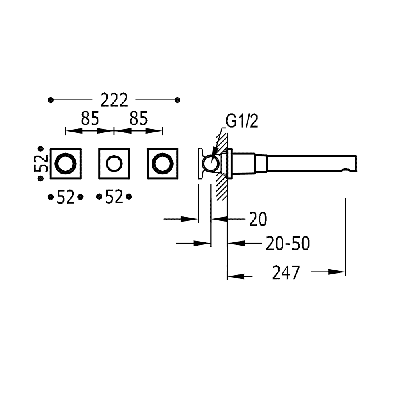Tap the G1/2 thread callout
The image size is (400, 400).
[242, 121]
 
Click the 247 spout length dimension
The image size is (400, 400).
[286, 273]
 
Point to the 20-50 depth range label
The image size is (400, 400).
[288, 243]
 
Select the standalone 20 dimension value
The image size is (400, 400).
[258, 219]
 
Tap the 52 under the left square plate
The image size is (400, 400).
[66, 197]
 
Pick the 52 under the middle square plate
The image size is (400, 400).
[114, 197]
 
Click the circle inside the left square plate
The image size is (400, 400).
[66, 164]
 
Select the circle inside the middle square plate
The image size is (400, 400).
[114, 164]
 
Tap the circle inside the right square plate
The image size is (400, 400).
[163, 164]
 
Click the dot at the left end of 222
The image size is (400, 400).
[50, 100]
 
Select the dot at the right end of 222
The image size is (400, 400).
[178, 100]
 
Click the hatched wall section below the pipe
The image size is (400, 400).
[220, 188]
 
